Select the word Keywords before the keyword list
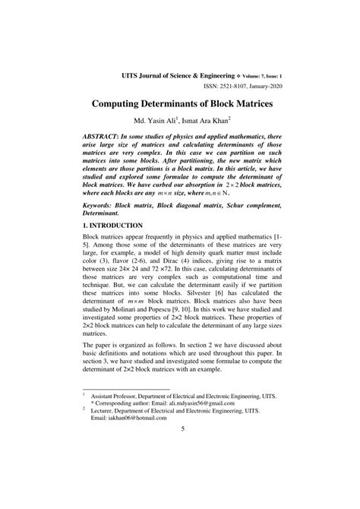[103, 205]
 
